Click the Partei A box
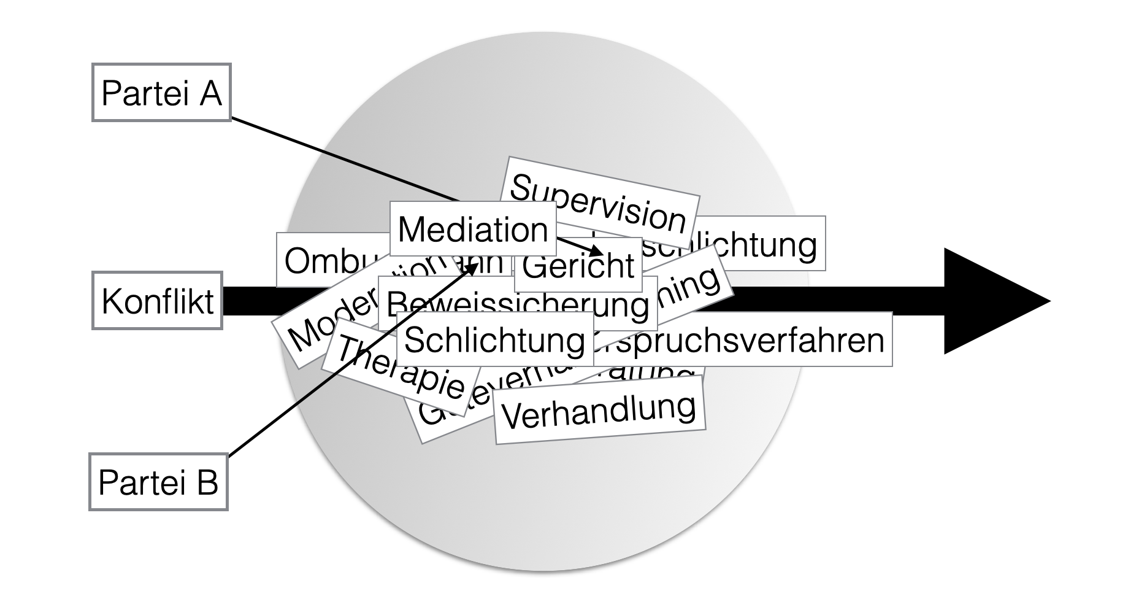click(161, 93)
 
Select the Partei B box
click(158, 482)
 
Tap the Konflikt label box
click(157, 301)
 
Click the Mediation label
click(472, 229)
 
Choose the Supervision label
click(599, 202)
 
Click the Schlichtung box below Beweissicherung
click(494, 339)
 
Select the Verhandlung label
click(599, 410)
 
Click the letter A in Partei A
click(210, 93)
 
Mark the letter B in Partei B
click(207, 482)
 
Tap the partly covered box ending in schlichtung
click(761, 244)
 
